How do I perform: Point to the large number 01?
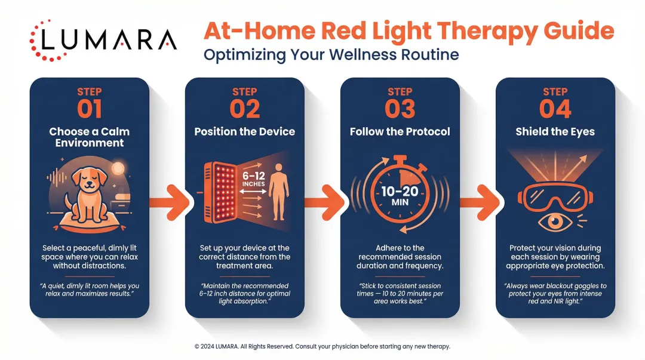89,109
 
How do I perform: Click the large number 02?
244,109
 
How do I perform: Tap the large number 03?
400,109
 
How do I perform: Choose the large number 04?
555,109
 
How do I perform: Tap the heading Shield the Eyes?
555,132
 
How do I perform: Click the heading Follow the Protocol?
400,132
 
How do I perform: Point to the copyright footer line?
322,346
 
